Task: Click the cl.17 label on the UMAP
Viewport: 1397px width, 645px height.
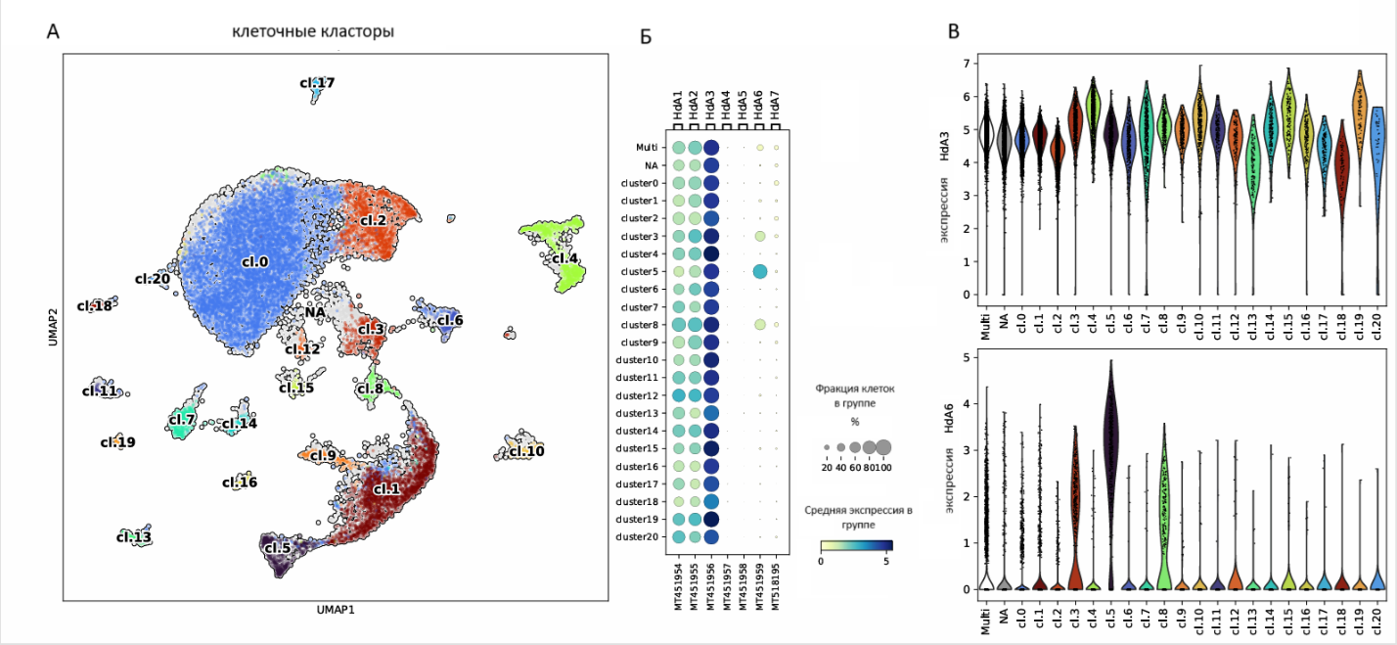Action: pyautogui.click(x=317, y=83)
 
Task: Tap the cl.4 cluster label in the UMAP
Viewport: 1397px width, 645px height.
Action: pyautogui.click(x=565, y=259)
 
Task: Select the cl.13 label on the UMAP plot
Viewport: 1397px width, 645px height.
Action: pyautogui.click(x=134, y=537)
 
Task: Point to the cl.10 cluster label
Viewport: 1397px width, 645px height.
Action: pyautogui.click(x=525, y=451)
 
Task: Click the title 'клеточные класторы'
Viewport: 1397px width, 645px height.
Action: pyautogui.click(x=313, y=32)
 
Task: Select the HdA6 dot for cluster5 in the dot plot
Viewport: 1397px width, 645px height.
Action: pyautogui.click(x=759, y=271)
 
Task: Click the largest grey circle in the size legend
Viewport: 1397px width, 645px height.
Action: pyautogui.click(x=883, y=447)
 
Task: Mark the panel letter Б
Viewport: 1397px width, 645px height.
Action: pyautogui.click(x=645, y=37)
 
